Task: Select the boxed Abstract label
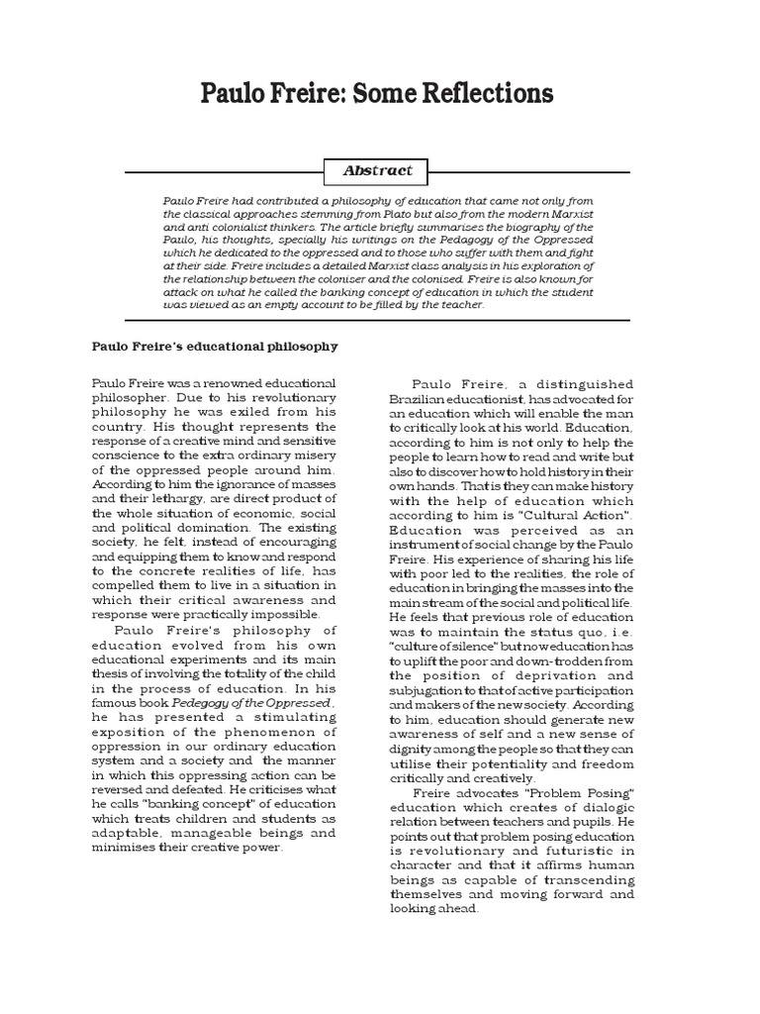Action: (378, 170)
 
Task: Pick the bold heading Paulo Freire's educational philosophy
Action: (215, 347)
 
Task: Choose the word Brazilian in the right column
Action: (420, 397)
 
